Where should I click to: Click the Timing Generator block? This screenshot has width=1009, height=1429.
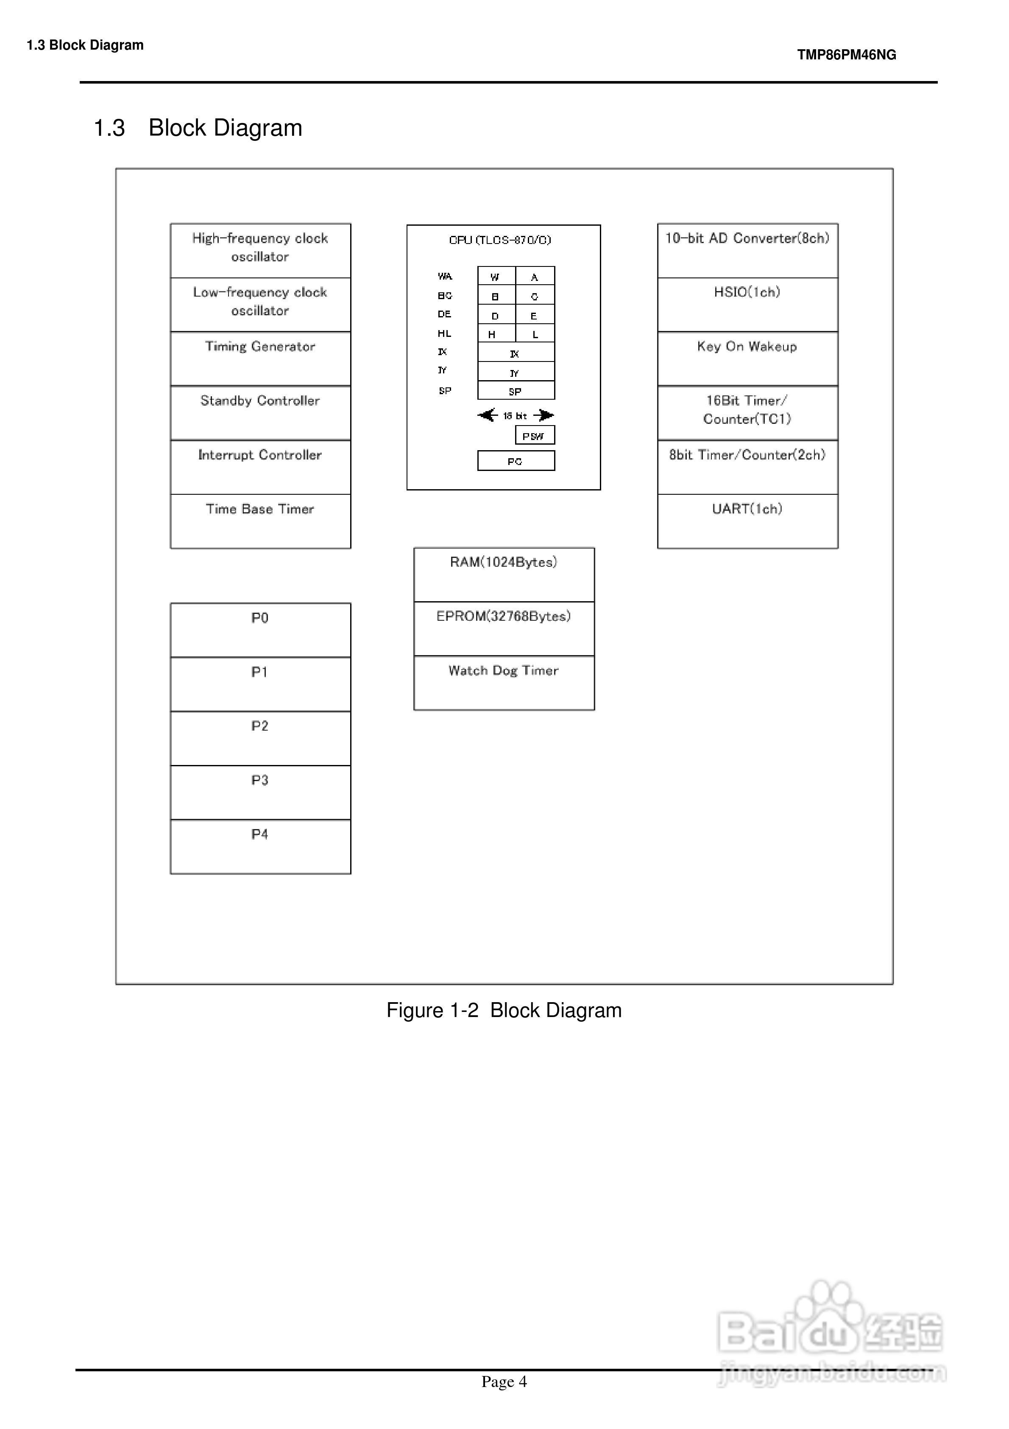pyautogui.click(x=260, y=359)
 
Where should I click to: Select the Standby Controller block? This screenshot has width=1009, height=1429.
pyautogui.click(x=260, y=413)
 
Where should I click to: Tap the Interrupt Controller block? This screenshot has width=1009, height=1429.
pyautogui.click(x=260, y=467)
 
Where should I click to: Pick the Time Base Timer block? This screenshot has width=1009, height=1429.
pyautogui.click(x=260, y=521)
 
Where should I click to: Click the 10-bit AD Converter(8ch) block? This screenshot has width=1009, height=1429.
pyautogui.click(x=747, y=250)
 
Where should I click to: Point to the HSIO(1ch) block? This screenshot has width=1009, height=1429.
pyautogui.click(x=747, y=304)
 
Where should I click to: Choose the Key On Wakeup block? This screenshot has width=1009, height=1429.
pyautogui.click(x=747, y=359)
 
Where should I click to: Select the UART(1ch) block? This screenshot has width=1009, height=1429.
pyautogui.click(x=747, y=521)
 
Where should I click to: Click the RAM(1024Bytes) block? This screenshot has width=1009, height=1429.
pyautogui.click(x=504, y=574)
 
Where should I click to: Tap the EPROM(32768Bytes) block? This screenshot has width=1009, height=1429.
pyautogui.click(x=504, y=629)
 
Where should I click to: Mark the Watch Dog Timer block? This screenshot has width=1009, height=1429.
pyautogui.click(x=504, y=683)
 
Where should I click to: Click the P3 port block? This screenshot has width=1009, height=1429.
pyautogui.click(x=260, y=792)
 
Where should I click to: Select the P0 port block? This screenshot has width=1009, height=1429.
pyautogui.click(x=260, y=630)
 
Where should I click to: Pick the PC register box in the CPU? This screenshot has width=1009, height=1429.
pyautogui.click(x=516, y=461)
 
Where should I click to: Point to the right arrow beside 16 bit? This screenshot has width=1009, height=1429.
pyautogui.click(x=544, y=415)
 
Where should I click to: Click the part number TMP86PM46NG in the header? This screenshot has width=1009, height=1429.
pyautogui.click(x=846, y=55)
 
